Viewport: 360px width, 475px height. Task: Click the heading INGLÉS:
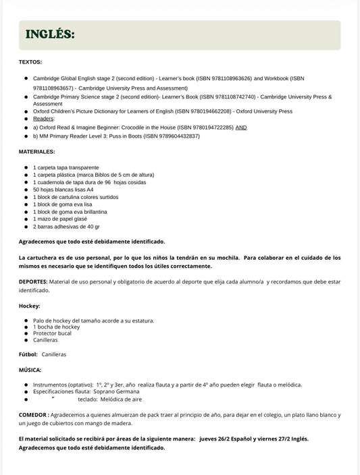pos(50,34)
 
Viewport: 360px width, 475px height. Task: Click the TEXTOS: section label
pos(30,62)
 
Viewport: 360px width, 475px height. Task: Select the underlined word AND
pos(241,127)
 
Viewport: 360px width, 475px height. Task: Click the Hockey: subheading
pos(29,306)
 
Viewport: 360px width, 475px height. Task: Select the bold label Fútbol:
pos(28,354)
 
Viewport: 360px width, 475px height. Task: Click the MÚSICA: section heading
pos(30,370)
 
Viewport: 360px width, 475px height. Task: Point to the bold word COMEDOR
pos(33,414)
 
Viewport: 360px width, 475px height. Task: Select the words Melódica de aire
pos(123,399)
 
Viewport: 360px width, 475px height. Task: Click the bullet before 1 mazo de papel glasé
pos(25,219)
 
